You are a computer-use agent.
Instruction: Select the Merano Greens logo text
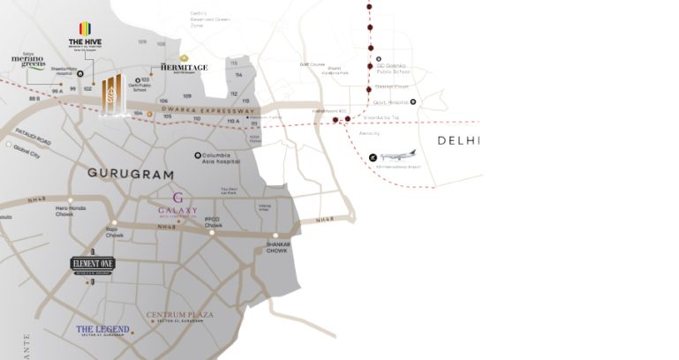[27, 61]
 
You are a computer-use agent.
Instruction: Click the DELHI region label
[458, 141]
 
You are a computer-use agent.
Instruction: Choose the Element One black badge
[93, 263]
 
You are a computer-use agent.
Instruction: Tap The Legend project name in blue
[102, 330]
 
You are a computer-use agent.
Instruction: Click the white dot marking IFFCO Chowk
[212, 233]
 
